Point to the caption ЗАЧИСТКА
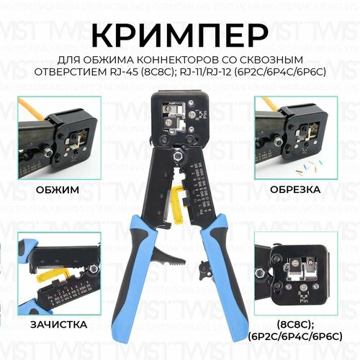click(56, 325)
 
